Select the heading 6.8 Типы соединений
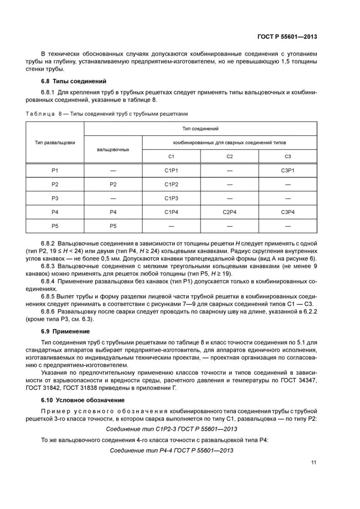click(x=74, y=81)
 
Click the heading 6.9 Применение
click(x=65, y=331)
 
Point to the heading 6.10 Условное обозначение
click(x=83, y=399)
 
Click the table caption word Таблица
click(x=39, y=113)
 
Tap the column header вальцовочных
click(x=113, y=149)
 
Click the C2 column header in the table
click(x=230, y=156)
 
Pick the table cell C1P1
click(x=172, y=170)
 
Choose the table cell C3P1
click(x=288, y=170)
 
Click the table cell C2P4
click(x=230, y=212)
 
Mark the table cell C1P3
click(x=172, y=198)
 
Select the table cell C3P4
click(x=288, y=212)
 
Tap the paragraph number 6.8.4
click(x=48, y=278)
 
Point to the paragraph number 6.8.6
click(x=48, y=312)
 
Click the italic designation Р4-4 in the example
click(x=158, y=450)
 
